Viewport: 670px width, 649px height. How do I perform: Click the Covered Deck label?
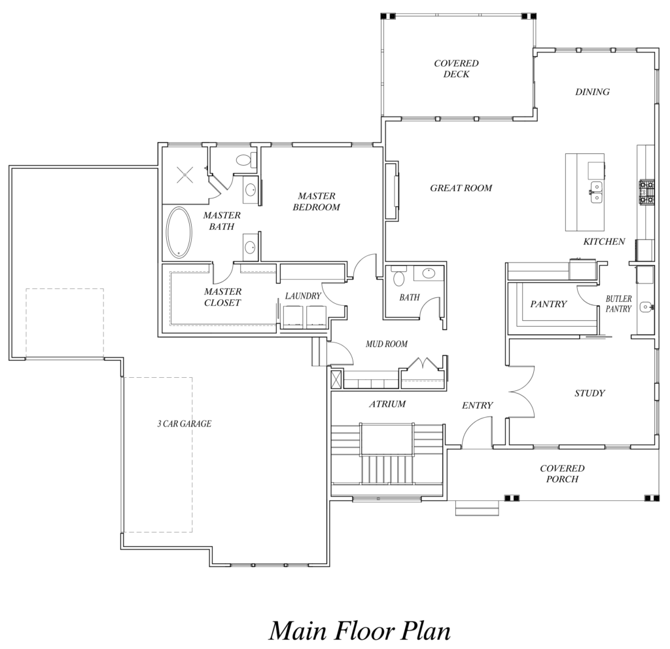[456, 69]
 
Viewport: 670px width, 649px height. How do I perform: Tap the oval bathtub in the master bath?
[179, 232]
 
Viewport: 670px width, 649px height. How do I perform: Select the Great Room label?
[461, 188]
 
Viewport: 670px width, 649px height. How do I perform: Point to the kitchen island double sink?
[597, 192]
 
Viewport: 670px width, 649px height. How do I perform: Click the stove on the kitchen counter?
[646, 192]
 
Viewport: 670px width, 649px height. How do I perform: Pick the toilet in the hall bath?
[398, 277]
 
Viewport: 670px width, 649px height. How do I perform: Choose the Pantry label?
[548, 304]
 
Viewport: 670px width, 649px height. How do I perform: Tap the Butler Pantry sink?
[646, 306]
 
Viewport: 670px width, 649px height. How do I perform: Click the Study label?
[590, 393]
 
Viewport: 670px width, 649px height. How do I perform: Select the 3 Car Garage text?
[184, 424]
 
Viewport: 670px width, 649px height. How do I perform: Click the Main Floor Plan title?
[360, 631]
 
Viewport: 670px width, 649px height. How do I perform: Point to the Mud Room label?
[386, 344]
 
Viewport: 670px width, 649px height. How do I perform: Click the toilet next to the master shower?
[243, 160]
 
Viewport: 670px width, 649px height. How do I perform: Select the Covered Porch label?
[562, 473]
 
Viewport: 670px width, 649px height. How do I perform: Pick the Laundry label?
[303, 295]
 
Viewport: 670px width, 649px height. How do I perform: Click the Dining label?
[592, 92]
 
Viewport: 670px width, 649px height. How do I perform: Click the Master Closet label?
[222, 297]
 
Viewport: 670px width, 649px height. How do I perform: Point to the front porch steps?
[477, 508]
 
